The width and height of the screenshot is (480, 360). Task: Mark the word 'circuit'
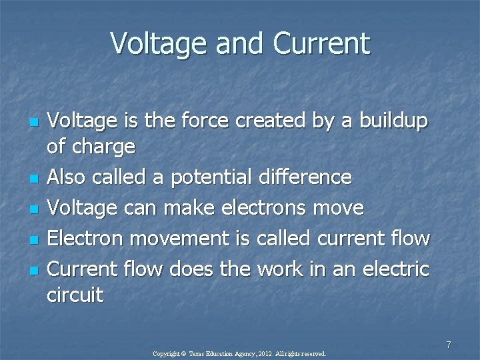click(75, 295)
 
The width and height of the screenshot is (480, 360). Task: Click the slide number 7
click(449, 345)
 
